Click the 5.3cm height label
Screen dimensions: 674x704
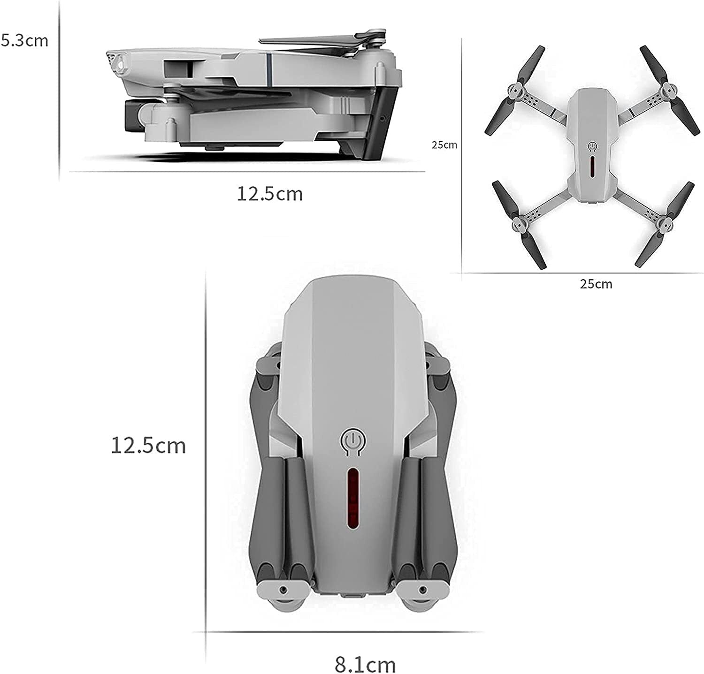click(24, 40)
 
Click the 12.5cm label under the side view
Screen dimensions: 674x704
click(269, 193)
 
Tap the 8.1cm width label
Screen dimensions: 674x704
click(365, 664)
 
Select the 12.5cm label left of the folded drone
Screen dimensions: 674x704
click(148, 445)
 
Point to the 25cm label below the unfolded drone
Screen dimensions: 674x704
click(596, 284)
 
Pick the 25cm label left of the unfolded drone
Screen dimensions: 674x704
click(444, 145)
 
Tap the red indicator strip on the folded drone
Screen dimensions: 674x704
click(352, 500)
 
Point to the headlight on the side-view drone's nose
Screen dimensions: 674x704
click(120, 63)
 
